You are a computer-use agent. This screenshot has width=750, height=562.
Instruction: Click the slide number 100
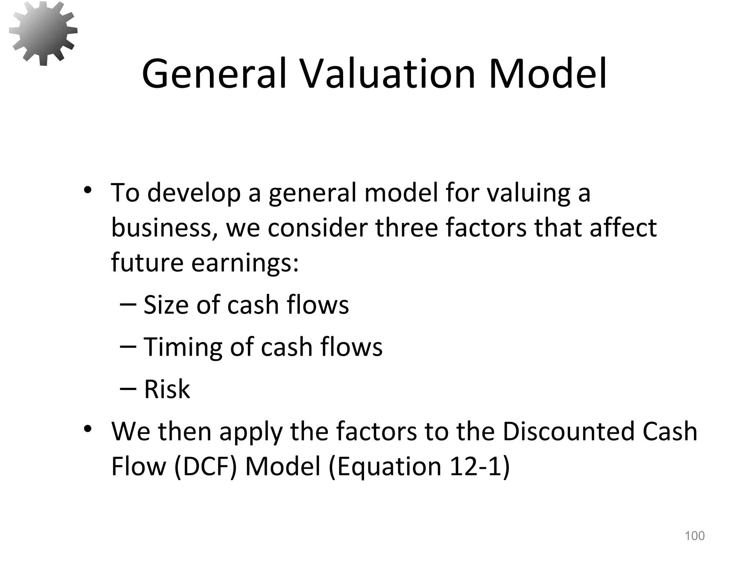tap(694, 536)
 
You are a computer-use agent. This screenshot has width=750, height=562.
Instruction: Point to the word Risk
tap(167, 389)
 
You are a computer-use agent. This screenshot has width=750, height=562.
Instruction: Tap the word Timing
tap(182, 347)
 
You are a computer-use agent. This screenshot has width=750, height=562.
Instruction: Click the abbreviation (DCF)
tap(205, 467)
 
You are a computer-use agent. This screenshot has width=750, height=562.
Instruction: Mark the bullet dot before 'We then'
tap(87, 428)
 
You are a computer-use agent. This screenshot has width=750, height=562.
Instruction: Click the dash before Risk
tap(128, 389)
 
